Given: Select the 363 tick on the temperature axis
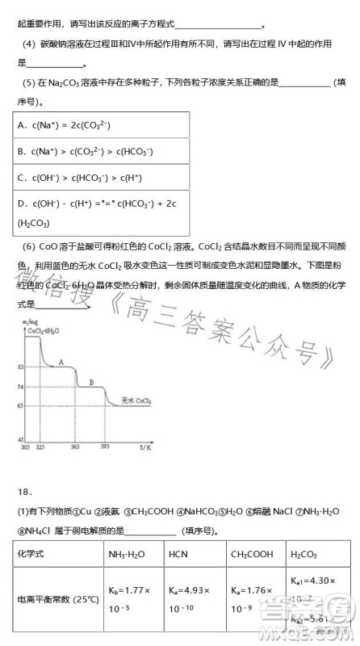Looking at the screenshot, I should [x=75, y=447].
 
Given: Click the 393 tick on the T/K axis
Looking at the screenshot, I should [x=104, y=447].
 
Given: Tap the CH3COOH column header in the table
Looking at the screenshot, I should [x=249, y=554].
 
